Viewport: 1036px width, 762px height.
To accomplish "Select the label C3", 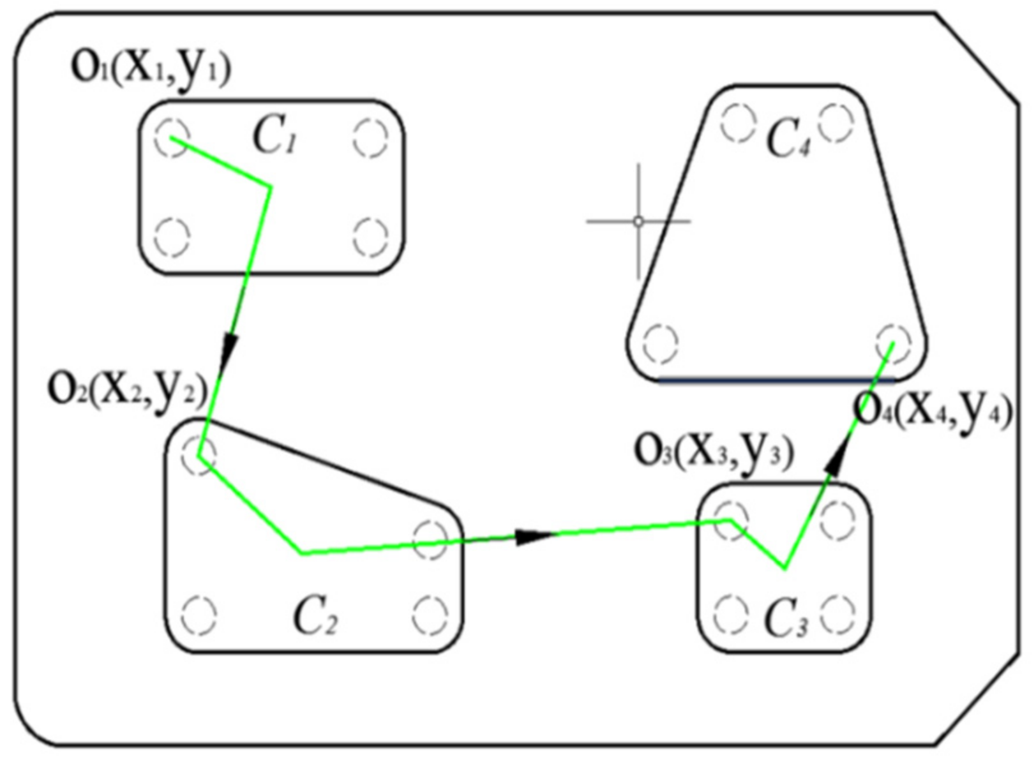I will tap(786, 620).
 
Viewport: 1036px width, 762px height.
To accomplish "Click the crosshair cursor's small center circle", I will tap(638, 221).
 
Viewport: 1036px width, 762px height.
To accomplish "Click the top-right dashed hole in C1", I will tap(370, 137).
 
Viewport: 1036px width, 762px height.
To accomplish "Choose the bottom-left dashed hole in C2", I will tap(199, 616).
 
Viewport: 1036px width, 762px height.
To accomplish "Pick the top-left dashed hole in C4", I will tap(738, 122).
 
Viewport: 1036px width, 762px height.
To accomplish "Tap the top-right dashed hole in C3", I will tap(837, 520).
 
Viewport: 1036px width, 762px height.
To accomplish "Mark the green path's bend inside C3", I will tap(785, 567).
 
